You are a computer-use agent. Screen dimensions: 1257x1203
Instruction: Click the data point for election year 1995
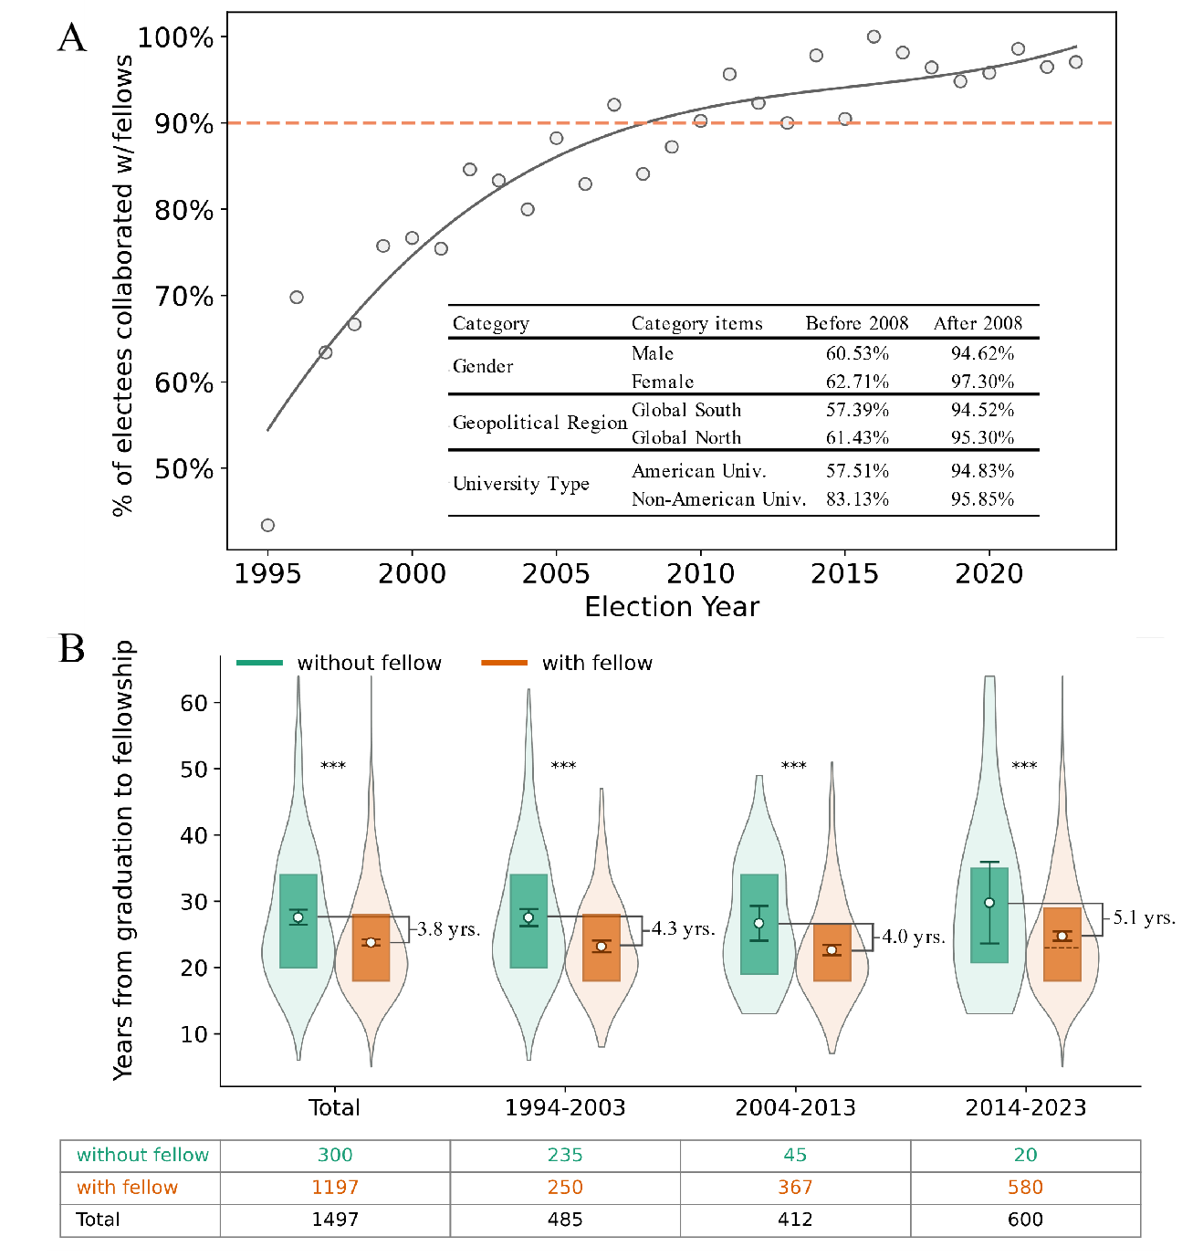click(267, 525)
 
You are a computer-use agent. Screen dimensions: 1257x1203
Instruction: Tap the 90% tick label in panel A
click(184, 124)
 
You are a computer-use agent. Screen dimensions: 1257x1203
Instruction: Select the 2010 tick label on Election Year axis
click(700, 573)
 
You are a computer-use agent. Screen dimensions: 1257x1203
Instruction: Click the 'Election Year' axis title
click(672, 607)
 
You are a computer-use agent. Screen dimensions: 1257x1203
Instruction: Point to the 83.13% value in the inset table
click(857, 499)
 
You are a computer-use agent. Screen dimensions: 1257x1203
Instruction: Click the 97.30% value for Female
click(982, 382)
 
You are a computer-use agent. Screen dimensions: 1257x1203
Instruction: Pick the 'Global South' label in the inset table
click(686, 410)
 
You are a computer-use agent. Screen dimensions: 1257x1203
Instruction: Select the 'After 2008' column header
click(978, 323)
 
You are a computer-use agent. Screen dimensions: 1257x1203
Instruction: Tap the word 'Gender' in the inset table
click(483, 366)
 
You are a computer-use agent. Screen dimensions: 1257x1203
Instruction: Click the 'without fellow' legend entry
click(369, 663)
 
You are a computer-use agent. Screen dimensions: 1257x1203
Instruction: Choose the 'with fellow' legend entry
click(597, 663)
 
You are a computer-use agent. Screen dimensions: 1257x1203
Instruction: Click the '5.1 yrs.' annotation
click(1144, 918)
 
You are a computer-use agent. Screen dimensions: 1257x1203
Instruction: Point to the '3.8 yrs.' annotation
click(448, 929)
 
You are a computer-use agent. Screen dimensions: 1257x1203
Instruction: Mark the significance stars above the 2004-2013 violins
click(794, 766)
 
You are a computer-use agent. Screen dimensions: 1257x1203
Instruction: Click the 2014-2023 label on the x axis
click(1026, 1108)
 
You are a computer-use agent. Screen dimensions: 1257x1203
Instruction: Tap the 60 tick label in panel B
click(194, 703)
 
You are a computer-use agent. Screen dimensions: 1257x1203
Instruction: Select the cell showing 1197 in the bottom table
click(335, 1188)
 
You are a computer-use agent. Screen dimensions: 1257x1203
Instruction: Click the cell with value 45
click(795, 1155)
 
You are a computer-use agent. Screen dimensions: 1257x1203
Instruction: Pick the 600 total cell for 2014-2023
click(1025, 1220)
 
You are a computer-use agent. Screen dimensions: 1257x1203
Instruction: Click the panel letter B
click(72, 649)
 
